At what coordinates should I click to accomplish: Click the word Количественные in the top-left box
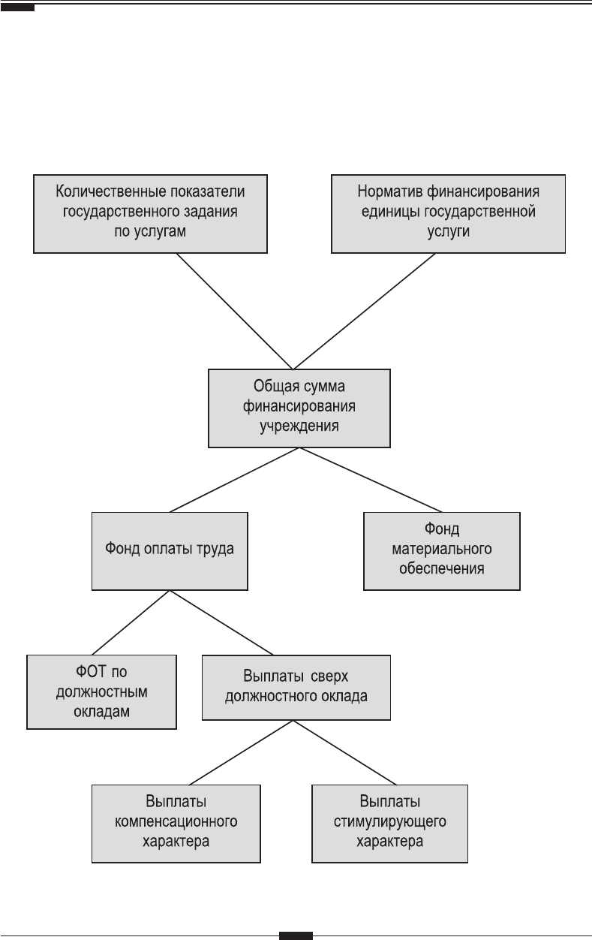click(107, 191)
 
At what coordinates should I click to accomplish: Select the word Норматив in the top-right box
click(390, 191)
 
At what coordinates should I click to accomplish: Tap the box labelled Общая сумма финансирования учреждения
click(299, 408)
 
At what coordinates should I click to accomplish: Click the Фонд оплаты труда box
click(170, 551)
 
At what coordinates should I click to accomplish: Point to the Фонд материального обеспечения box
click(442, 551)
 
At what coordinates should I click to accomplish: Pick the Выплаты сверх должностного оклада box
click(296, 688)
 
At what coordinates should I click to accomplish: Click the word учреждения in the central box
click(299, 426)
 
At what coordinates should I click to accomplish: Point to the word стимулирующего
click(390, 821)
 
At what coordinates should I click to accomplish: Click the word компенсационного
click(176, 821)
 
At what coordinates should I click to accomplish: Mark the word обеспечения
click(442, 568)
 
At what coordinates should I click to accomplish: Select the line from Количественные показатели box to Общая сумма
click(235, 311)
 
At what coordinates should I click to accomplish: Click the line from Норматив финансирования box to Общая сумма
click(365, 311)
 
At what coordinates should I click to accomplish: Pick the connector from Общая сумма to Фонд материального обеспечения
click(371, 480)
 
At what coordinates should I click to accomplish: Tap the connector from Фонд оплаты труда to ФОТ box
click(131, 622)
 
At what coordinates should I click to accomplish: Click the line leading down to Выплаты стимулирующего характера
click(344, 752)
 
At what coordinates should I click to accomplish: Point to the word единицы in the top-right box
click(390, 212)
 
